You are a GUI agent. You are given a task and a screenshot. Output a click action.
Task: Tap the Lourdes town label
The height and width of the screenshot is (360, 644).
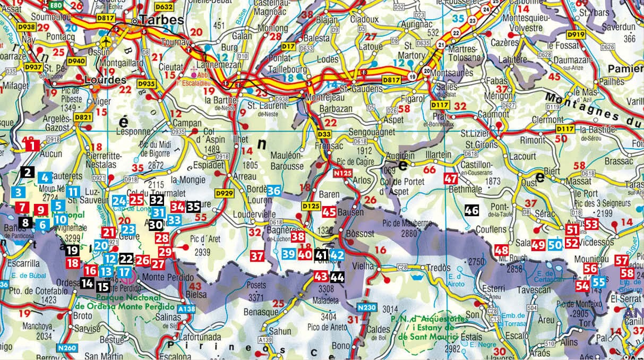(x=106, y=80)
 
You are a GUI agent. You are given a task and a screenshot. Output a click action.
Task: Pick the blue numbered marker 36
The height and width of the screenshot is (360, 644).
(x=274, y=191)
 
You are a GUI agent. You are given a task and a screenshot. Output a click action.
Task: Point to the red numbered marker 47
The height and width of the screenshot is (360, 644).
(x=451, y=178)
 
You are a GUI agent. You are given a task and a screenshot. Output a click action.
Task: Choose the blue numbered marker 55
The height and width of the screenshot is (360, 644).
(x=598, y=282)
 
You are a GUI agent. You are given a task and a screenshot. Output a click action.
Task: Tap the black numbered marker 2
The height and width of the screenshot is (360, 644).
(x=28, y=172)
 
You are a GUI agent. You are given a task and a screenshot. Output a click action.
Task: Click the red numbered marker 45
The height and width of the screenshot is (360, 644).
(x=329, y=211)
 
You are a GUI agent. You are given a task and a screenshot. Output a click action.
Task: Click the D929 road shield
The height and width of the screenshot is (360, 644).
(x=224, y=193)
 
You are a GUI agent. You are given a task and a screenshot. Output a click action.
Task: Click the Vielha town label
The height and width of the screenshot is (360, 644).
(x=365, y=264)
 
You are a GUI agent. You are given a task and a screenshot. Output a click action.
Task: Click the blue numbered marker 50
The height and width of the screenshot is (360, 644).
(x=555, y=245)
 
